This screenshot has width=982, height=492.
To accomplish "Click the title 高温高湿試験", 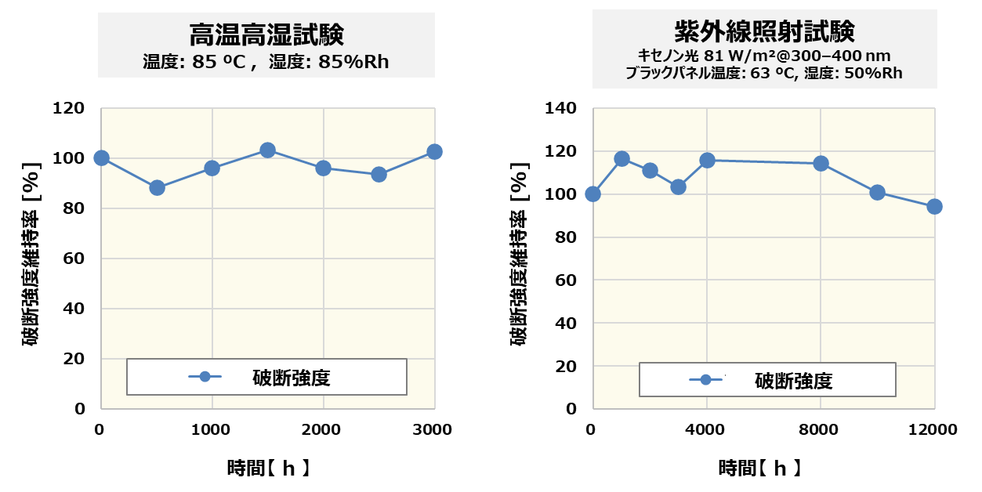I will pyautogui.click(x=266, y=35).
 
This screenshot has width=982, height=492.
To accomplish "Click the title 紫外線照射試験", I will pyautogui.click(x=764, y=32).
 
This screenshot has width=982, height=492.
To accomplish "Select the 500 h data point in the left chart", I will pyautogui.click(x=157, y=187).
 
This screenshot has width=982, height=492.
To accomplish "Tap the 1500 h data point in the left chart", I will pyautogui.click(x=267, y=150).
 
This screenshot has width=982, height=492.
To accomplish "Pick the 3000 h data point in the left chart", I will pyautogui.click(x=434, y=152).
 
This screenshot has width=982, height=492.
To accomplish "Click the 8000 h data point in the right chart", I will pyautogui.click(x=821, y=164).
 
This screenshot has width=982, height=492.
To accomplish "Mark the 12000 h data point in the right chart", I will pyautogui.click(x=934, y=207).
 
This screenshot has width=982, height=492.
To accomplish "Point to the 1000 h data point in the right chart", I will pyautogui.click(x=621, y=159).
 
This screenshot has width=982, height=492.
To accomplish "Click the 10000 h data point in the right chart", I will pyautogui.click(x=877, y=193).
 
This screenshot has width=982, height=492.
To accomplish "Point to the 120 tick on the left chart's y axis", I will pyautogui.click(x=68, y=108).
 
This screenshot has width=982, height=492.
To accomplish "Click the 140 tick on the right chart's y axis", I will pyautogui.click(x=560, y=108).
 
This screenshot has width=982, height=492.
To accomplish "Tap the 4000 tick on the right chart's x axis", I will pyautogui.click(x=707, y=429).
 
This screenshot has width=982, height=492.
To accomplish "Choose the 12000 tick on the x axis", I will pyautogui.click(x=933, y=429).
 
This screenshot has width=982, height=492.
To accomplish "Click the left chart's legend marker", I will pyautogui.click(x=205, y=377).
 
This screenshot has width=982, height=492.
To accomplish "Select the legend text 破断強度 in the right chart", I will pyautogui.click(x=793, y=381).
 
